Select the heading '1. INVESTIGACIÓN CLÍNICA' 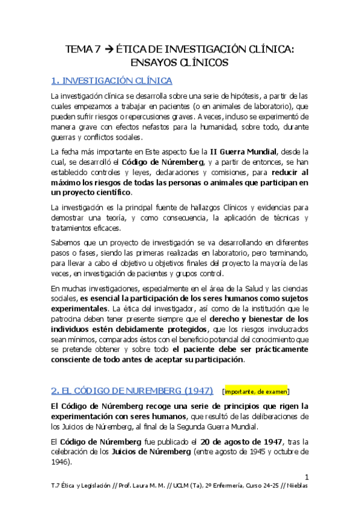[112, 81]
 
